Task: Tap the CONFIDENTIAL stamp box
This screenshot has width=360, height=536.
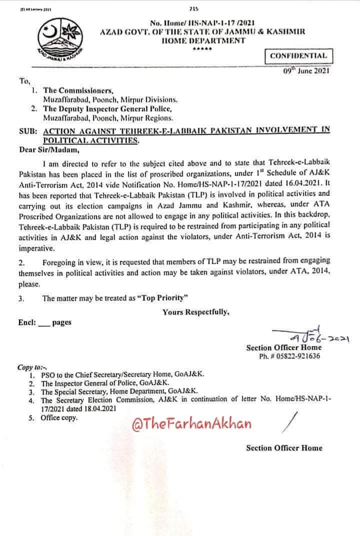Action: click(298, 56)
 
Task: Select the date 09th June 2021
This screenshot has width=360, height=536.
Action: click(306, 70)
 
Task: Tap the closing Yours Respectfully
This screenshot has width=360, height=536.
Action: click(196, 312)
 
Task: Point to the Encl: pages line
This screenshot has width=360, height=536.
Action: click(45, 322)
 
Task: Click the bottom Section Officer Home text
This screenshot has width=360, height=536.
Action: click(284, 448)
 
